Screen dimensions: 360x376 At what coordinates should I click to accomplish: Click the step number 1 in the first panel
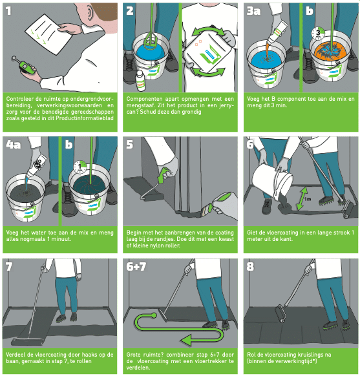tap(8, 11)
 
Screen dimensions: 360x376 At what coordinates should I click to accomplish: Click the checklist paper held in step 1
tap(48, 34)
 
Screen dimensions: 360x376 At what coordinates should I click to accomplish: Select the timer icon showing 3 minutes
tap(318, 34)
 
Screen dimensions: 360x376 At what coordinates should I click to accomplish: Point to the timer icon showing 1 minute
tap(80, 167)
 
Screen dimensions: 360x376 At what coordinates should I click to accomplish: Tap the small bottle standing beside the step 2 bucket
tap(140, 81)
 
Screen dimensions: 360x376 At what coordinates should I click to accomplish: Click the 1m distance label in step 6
tap(308, 199)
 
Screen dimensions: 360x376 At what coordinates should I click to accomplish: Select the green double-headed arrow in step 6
tap(302, 198)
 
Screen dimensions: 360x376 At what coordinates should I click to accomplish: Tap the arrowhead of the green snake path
tap(186, 340)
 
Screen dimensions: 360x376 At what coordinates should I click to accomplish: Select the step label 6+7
tap(136, 266)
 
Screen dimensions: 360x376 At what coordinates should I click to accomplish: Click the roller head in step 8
tap(281, 313)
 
